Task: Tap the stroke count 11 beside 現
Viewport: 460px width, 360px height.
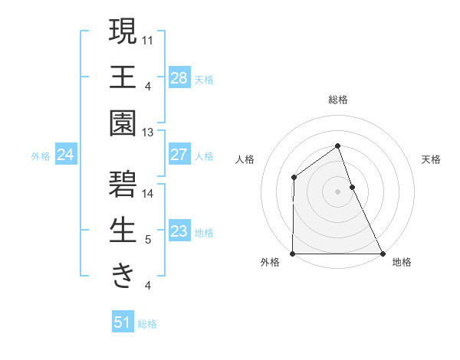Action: (148, 38)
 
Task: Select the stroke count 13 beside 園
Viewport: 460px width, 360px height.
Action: (148, 133)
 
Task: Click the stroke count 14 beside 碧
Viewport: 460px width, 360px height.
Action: (148, 193)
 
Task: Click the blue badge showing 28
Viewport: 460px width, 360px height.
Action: (179, 78)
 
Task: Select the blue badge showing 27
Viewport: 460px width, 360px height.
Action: (179, 155)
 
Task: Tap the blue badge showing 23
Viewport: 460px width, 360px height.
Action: (179, 231)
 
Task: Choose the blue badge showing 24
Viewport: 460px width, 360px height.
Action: (66, 155)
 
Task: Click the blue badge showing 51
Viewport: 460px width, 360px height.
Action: (123, 322)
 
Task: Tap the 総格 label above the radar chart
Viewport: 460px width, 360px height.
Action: (338, 100)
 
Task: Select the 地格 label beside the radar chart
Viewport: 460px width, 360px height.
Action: (402, 262)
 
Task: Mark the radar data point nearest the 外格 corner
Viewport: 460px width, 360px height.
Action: (293, 254)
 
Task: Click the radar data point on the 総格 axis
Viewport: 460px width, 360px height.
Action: (338, 146)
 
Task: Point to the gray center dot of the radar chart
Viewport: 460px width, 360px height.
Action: (338, 191)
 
